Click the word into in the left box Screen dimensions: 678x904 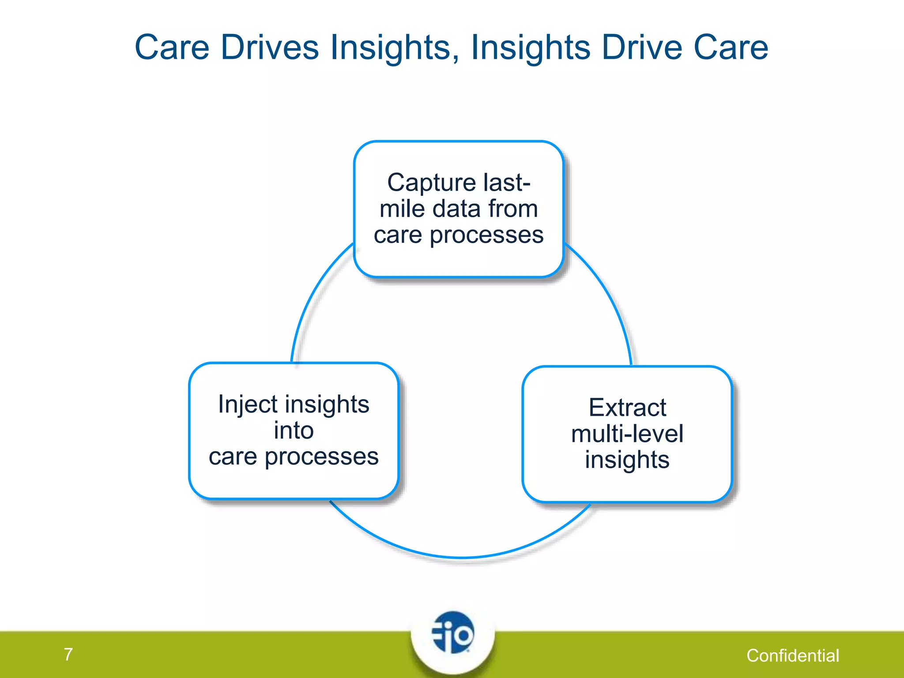click(x=294, y=430)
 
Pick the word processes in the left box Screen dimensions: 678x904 click(x=321, y=456)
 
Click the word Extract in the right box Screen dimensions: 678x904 click(x=627, y=407)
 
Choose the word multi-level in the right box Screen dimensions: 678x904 click(x=627, y=433)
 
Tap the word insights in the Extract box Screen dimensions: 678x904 click(x=627, y=460)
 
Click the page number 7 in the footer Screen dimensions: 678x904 click(x=68, y=654)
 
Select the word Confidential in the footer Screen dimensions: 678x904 click(x=793, y=655)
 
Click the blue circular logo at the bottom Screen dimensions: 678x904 click(x=453, y=633)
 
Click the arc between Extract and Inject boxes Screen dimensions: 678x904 click(x=461, y=557)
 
